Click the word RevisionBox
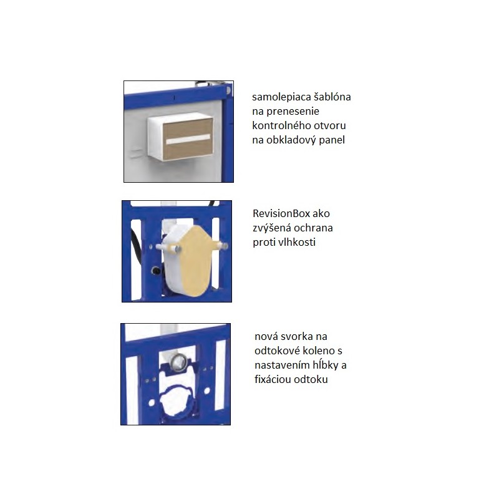[x=281, y=213]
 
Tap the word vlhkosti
[x=297, y=242]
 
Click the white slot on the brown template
[x=188, y=138]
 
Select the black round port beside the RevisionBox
[x=157, y=271]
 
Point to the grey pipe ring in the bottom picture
[x=177, y=361]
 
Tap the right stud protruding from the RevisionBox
[x=222, y=246]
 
